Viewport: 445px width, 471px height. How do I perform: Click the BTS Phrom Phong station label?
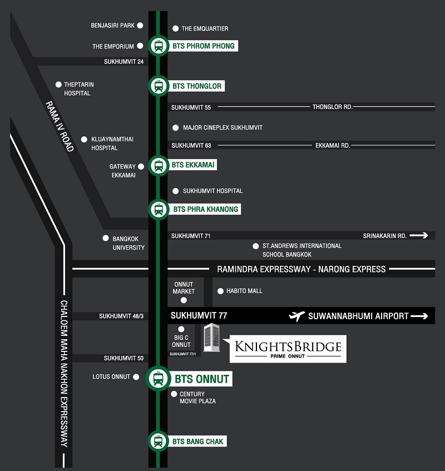tap(203, 46)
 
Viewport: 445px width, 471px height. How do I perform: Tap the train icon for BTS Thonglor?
tap(159, 86)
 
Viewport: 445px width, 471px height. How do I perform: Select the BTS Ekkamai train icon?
tap(159, 166)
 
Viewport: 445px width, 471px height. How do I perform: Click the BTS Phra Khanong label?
tap(205, 209)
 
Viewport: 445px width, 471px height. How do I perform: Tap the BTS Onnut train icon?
tap(159, 379)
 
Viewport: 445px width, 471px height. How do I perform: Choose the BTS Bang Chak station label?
tap(197, 442)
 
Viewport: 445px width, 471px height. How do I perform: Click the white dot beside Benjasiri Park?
tap(140, 26)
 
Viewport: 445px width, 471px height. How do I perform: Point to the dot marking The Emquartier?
tap(175, 28)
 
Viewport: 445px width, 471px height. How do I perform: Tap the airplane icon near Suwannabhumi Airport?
tap(296, 316)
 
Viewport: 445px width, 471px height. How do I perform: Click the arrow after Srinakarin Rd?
tap(419, 236)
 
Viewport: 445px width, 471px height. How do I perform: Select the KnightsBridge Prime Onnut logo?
tap(288, 349)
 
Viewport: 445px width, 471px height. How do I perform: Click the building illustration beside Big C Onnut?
tap(211, 338)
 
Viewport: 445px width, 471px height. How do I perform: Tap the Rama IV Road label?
tap(60, 126)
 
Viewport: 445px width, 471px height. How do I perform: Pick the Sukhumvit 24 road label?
tap(124, 62)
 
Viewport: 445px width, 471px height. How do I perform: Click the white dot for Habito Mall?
tap(220, 291)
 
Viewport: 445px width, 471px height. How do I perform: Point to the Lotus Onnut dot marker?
tap(136, 376)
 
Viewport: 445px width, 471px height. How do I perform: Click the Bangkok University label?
tap(128, 243)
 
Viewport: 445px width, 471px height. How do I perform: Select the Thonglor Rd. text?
tap(332, 107)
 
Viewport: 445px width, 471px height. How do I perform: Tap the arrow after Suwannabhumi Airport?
tap(419, 316)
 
